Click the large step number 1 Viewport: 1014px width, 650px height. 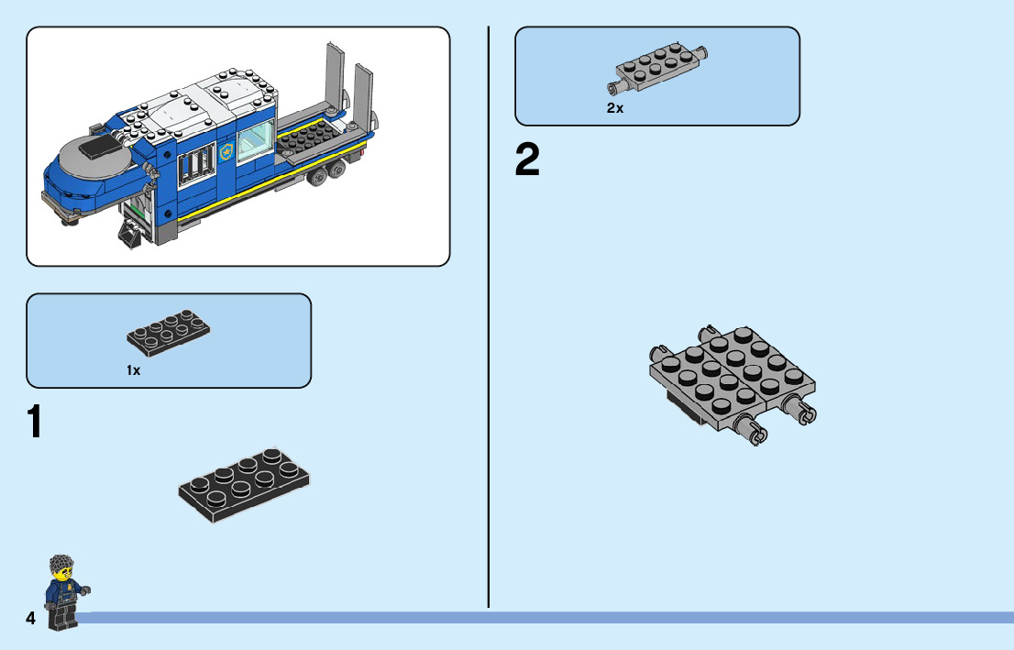[34, 422]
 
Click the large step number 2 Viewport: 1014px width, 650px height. [527, 160]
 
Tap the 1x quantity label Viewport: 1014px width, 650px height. [134, 370]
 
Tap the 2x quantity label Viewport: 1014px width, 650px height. [614, 108]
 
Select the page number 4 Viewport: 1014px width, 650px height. [31, 619]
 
